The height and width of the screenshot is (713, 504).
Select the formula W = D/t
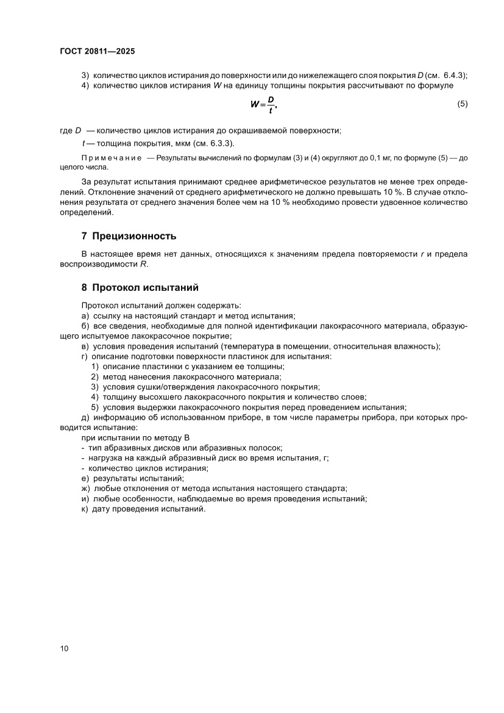coord(263,104)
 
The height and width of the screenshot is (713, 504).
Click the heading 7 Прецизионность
coord(129,235)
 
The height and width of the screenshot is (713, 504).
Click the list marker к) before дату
coord(85,509)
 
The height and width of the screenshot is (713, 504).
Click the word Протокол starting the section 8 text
coord(99,305)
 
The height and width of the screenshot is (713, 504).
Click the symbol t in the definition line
coord(83,143)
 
